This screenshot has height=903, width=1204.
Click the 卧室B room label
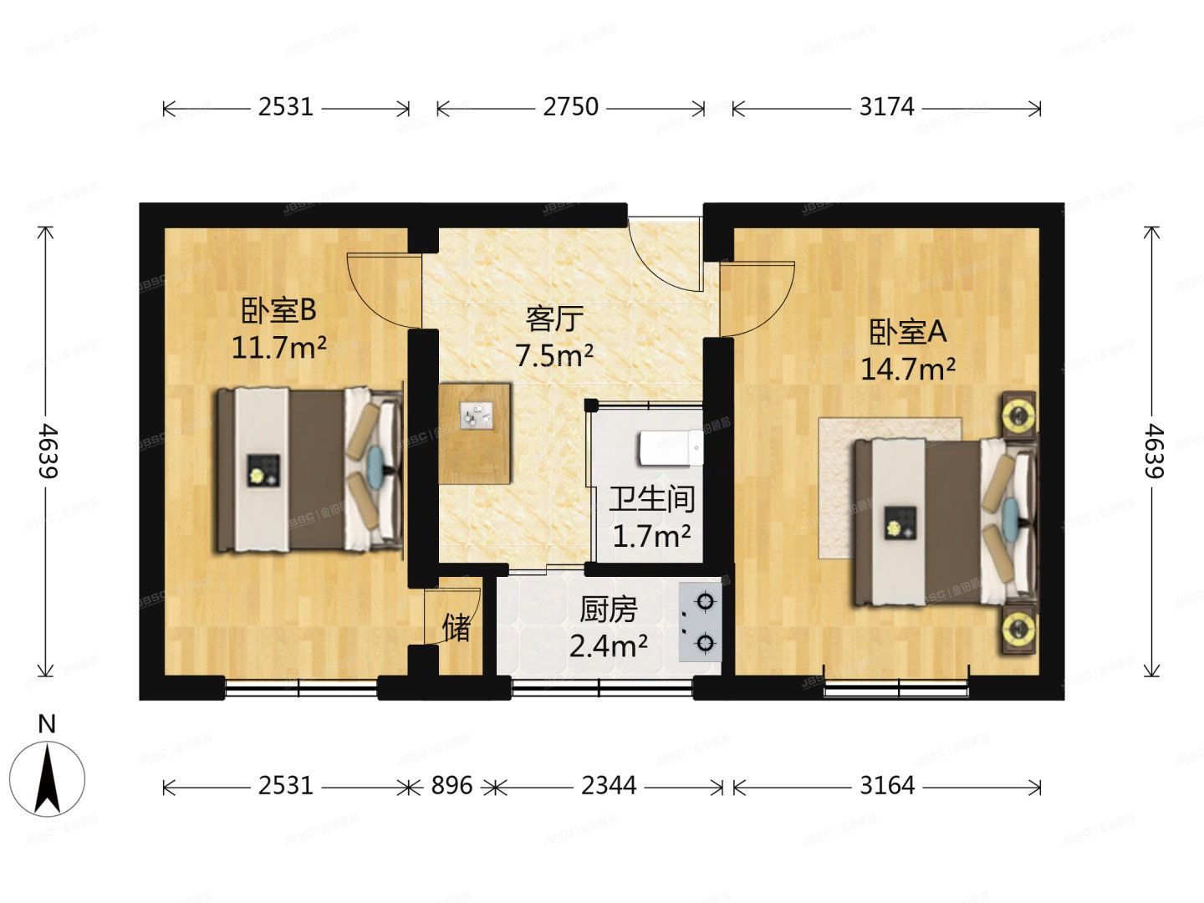pyautogui.click(x=278, y=311)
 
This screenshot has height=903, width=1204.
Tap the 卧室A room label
pyautogui.click(x=907, y=333)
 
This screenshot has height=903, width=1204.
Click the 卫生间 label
pyautogui.click(x=651, y=499)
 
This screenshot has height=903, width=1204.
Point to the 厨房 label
pyautogui.click(x=608, y=610)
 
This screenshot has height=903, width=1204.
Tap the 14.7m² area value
pyautogui.click(x=908, y=369)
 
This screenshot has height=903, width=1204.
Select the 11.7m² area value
pyautogui.click(x=278, y=346)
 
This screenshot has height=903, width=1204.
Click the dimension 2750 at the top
pyautogui.click(x=570, y=107)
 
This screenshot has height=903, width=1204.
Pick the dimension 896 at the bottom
pyautogui.click(x=451, y=786)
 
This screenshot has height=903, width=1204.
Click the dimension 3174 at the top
pyautogui.click(x=886, y=107)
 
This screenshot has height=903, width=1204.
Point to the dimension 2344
pyautogui.click(x=608, y=786)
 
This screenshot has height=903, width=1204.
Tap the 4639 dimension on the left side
pyautogui.click(x=48, y=451)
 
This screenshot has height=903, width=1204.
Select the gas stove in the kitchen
pyautogui.click(x=701, y=622)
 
